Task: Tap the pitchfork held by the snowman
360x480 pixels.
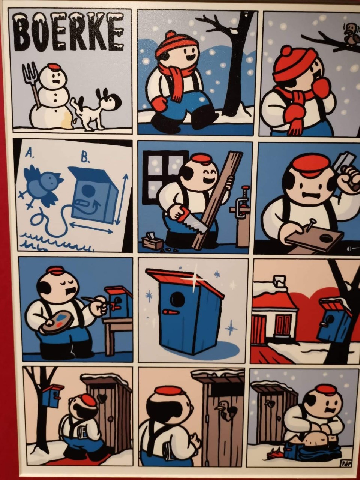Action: pyautogui.click(x=33, y=83)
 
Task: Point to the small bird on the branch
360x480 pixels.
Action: pyautogui.click(x=349, y=36)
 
